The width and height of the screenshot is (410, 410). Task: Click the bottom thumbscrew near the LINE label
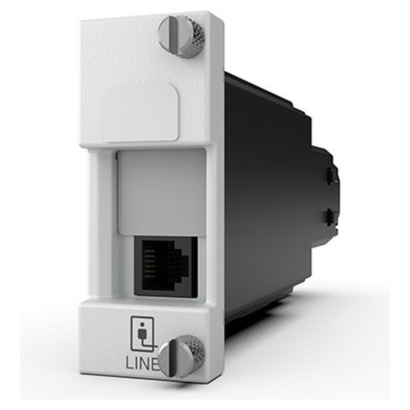pyautogui.click(x=181, y=356)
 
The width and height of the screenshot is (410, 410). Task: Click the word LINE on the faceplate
pyautogui.click(x=142, y=363)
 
